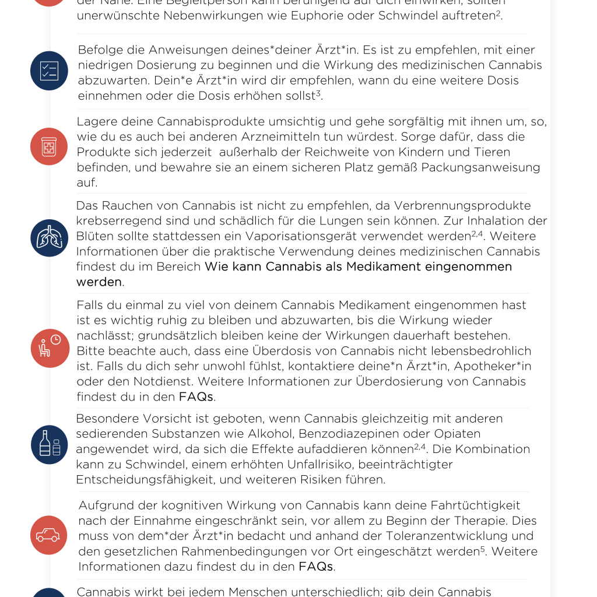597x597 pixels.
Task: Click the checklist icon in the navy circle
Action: (x=49, y=71)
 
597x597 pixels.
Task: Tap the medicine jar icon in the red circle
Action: (x=49, y=146)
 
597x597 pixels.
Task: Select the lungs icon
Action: (x=49, y=238)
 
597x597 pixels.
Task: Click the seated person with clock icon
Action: (x=49, y=347)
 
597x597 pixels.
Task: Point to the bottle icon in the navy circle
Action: (x=49, y=444)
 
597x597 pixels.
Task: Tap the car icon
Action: (x=49, y=535)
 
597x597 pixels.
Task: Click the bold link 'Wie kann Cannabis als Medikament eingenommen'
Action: (x=358, y=267)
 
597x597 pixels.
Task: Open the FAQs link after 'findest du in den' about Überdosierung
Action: (x=196, y=397)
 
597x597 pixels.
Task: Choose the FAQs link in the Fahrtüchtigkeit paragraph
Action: (x=315, y=567)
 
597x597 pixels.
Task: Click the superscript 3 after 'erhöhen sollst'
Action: (x=319, y=93)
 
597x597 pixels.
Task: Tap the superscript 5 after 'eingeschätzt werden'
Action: (x=483, y=549)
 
